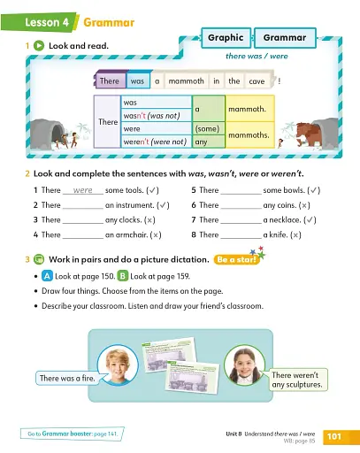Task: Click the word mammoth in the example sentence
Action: tap(185, 81)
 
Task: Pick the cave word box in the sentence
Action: tap(257, 81)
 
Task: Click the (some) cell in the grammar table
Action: tap(206, 128)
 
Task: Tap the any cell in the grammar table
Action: tap(201, 141)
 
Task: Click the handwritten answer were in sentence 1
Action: tap(83, 190)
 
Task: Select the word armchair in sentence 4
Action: tap(130, 235)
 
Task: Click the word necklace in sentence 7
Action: tap(284, 220)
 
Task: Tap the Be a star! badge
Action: tap(237, 260)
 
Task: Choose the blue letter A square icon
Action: tap(46, 276)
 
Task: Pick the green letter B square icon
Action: tap(121, 276)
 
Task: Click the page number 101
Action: tap(334, 436)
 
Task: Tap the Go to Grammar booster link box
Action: tap(73, 434)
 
